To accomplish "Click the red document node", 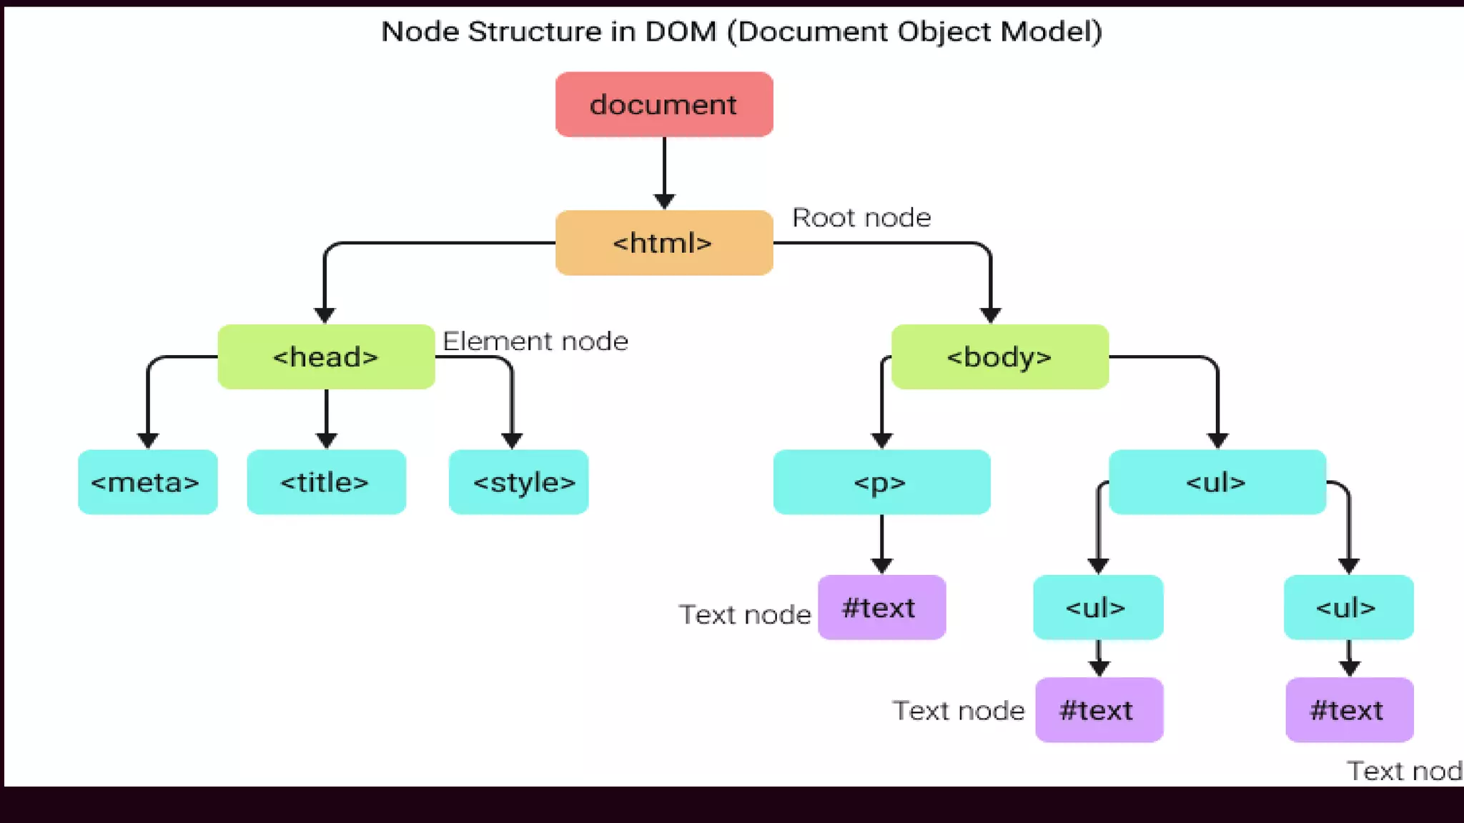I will [x=663, y=104].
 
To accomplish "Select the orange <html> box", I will [x=663, y=243].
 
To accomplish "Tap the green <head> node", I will [x=326, y=356].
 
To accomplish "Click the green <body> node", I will [x=999, y=356].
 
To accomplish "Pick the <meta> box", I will [x=147, y=482].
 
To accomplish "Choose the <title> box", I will [x=326, y=482].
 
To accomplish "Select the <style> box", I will [x=519, y=482].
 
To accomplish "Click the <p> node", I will [x=881, y=482].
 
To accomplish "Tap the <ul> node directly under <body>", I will [x=1217, y=482].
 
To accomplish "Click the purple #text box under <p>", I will [x=881, y=607].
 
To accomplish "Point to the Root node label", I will [x=861, y=217].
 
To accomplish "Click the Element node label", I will [x=535, y=341].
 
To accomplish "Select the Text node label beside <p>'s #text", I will [x=745, y=614].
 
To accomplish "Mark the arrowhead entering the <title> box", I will [x=326, y=440].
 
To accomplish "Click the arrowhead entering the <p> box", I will [x=881, y=440].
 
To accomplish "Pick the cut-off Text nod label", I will [x=1404, y=771].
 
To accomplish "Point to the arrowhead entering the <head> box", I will [x=325, y=315].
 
